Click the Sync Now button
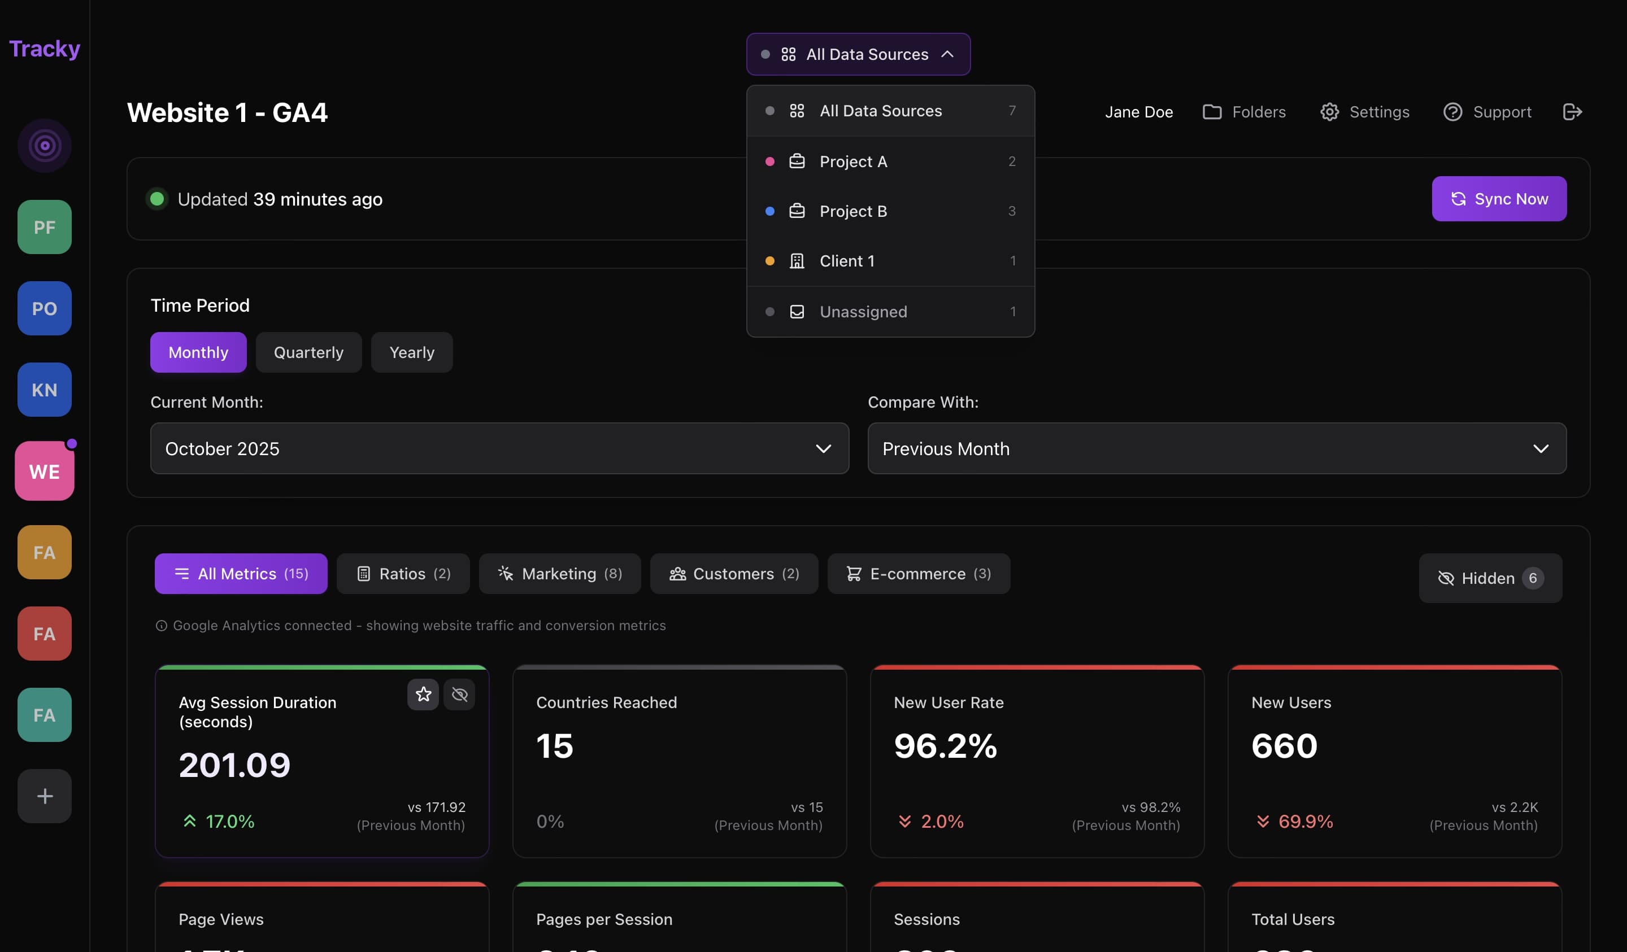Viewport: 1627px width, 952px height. click(x=1499, y=199)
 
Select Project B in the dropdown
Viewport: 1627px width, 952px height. click(x=890, y=211)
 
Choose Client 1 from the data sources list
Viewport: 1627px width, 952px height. click(x=890, y=261)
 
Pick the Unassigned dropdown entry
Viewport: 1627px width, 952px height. click(x=890, y=312)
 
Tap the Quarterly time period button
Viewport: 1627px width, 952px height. click(x=308, y=352)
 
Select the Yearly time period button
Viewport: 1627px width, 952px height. click(x=411, y=352)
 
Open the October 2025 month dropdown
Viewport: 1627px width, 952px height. click(x=499, y=448)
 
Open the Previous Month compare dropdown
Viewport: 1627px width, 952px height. click(x=1216, y=448)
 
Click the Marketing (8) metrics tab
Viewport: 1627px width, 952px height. click(x=559, y=574)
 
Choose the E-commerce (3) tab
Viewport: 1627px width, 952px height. click(x=918, y=574)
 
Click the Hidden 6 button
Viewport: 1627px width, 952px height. click(x=1490, y=578)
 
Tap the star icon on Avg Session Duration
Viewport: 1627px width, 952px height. click(x=423, y=695)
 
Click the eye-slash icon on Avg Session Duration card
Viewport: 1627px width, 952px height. click(x=460, y=695)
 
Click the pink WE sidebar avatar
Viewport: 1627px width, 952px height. click(x=45, y=471)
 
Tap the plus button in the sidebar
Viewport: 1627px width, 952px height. click(x=45, y=796)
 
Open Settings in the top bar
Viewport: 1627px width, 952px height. click(x=1364, y=112)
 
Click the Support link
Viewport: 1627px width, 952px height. click(x=1487, y=112)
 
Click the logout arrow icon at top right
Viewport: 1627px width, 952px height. click(x=1572, y=112)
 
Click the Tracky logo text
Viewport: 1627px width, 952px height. click(x=45, y=49)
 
